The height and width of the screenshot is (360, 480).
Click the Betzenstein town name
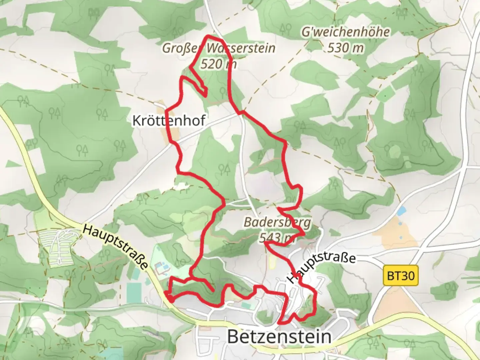pyautogui.click(x=279, y=337)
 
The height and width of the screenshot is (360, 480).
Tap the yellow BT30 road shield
pyautogui.click(x=401, y=276)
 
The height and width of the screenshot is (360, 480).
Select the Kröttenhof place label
pyautogui.click(x=169, y=120)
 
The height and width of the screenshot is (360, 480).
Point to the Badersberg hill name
pyautogui.click(x=277, y=222)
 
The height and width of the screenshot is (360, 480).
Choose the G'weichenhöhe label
pyautogui.click(x=346, y=32)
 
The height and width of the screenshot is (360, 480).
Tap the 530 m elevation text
pyautogui.click(x=346, y=48)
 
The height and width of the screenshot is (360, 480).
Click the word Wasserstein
pyautogui.click(x=241, y=48)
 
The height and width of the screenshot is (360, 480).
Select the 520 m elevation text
pyautogui.click(x=219, y=63)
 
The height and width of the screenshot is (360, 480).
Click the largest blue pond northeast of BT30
pyautogui.click(x=402, y=211)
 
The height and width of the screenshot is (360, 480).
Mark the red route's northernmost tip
pyautogui.click(x=209, y=36)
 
